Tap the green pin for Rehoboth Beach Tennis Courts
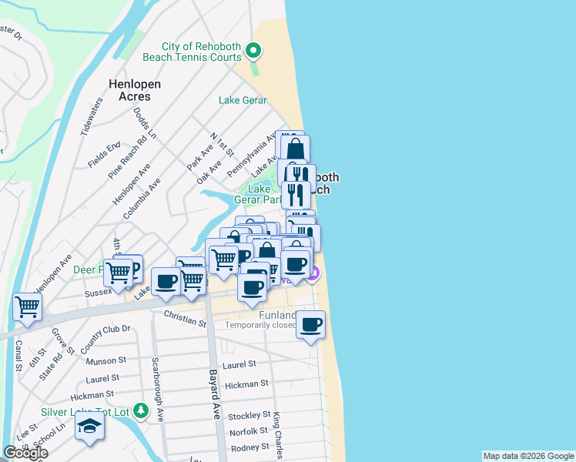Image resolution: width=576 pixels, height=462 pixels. click(x=253, y=52)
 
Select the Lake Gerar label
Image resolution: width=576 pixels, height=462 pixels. click(x=243, y=100)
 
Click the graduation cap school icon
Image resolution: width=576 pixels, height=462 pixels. click(x=89, y=427)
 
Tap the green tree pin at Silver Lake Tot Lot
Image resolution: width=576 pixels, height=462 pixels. click(x=140, y=410)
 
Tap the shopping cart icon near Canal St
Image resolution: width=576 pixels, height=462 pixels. click(x=27, y=307)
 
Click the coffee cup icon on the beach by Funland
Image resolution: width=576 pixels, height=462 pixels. click(x=310, y=325)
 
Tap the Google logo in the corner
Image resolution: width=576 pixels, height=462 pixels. click(x=25, y=453)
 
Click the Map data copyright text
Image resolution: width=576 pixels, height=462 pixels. click(x=527, y=456)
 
